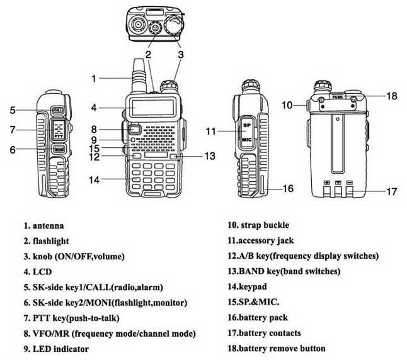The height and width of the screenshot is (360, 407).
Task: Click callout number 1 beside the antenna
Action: point(93,79)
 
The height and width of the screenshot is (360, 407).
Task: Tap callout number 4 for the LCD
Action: point(93,107)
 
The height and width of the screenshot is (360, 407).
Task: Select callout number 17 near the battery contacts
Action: point(391,191)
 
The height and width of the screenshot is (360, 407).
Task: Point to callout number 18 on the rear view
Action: point(391,96)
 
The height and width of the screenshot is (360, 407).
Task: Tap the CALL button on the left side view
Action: point(58,111)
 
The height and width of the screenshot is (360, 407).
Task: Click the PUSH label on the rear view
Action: point(338,98)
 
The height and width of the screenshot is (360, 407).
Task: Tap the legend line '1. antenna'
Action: point(44,225)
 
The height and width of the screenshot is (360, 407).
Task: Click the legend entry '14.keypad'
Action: point(249,287)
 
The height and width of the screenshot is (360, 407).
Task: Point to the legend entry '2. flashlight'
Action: point(47,240)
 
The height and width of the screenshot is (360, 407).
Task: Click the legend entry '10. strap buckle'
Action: point(259,225)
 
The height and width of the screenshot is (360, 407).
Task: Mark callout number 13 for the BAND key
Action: point(210,155)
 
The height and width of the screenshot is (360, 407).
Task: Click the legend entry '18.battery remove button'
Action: point(277,348)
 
